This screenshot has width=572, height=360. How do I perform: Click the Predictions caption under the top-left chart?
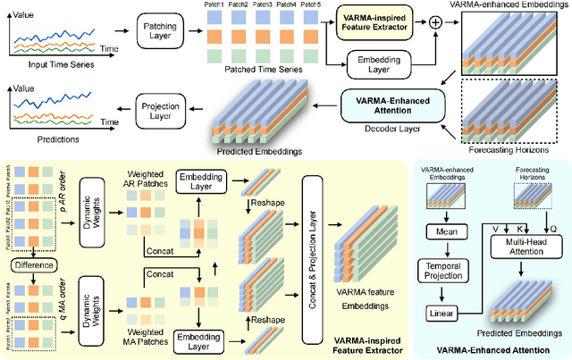39,140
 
